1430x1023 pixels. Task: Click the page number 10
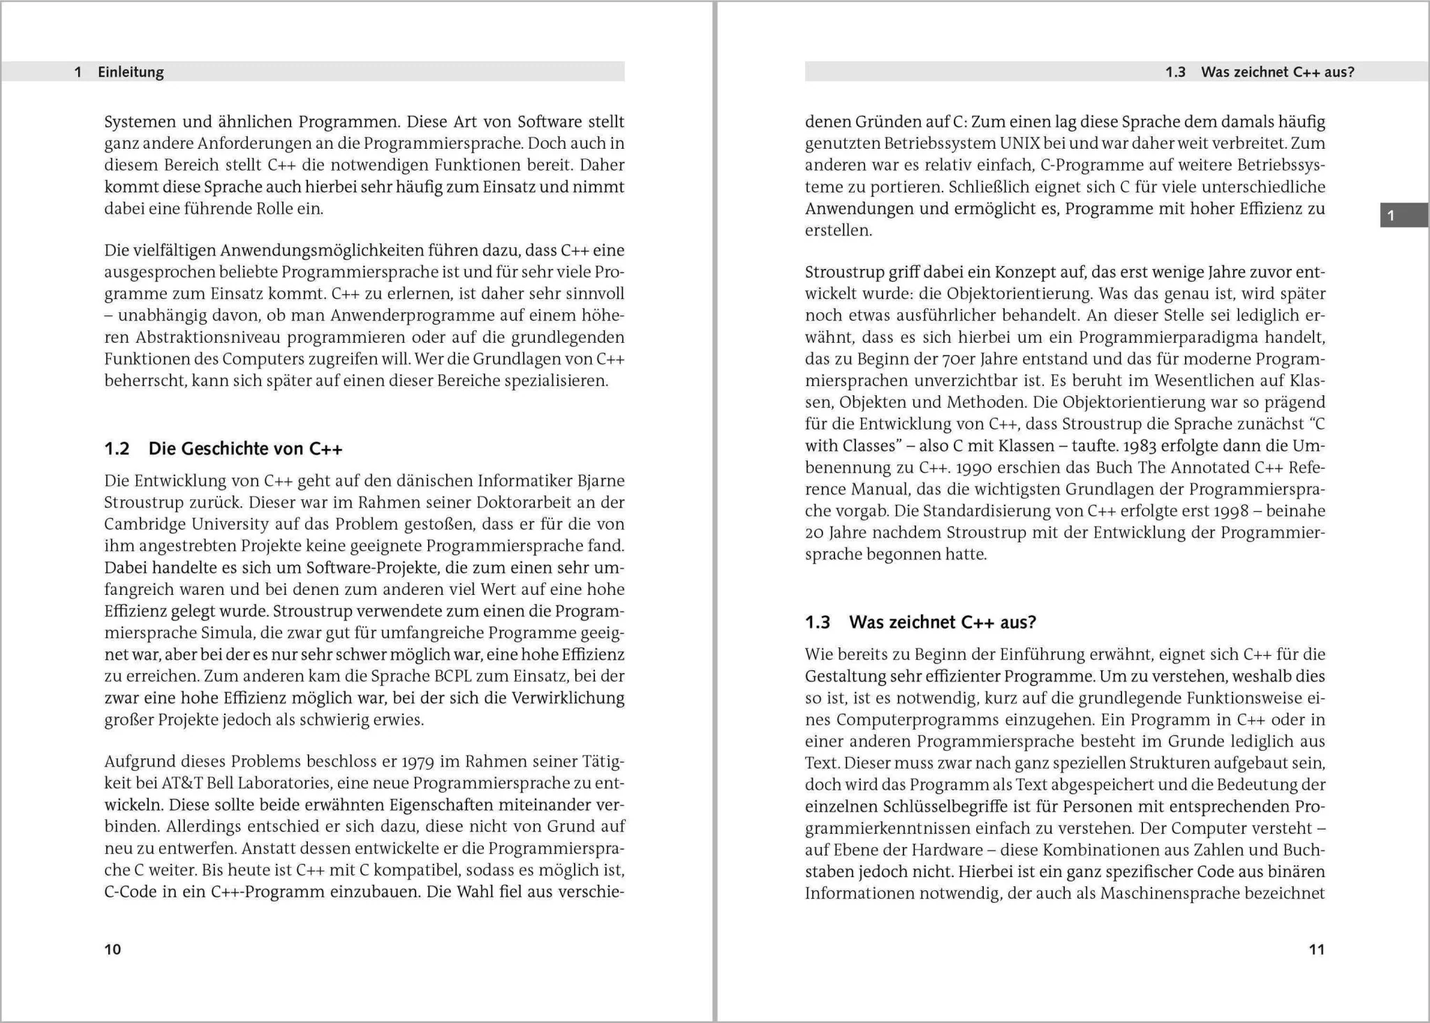point(112,949)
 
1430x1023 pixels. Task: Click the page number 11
point(1316,949)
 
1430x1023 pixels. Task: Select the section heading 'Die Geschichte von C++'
point(245,448)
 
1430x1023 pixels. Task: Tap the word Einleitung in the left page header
point(131,72)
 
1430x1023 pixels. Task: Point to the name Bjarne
point(601,481)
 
